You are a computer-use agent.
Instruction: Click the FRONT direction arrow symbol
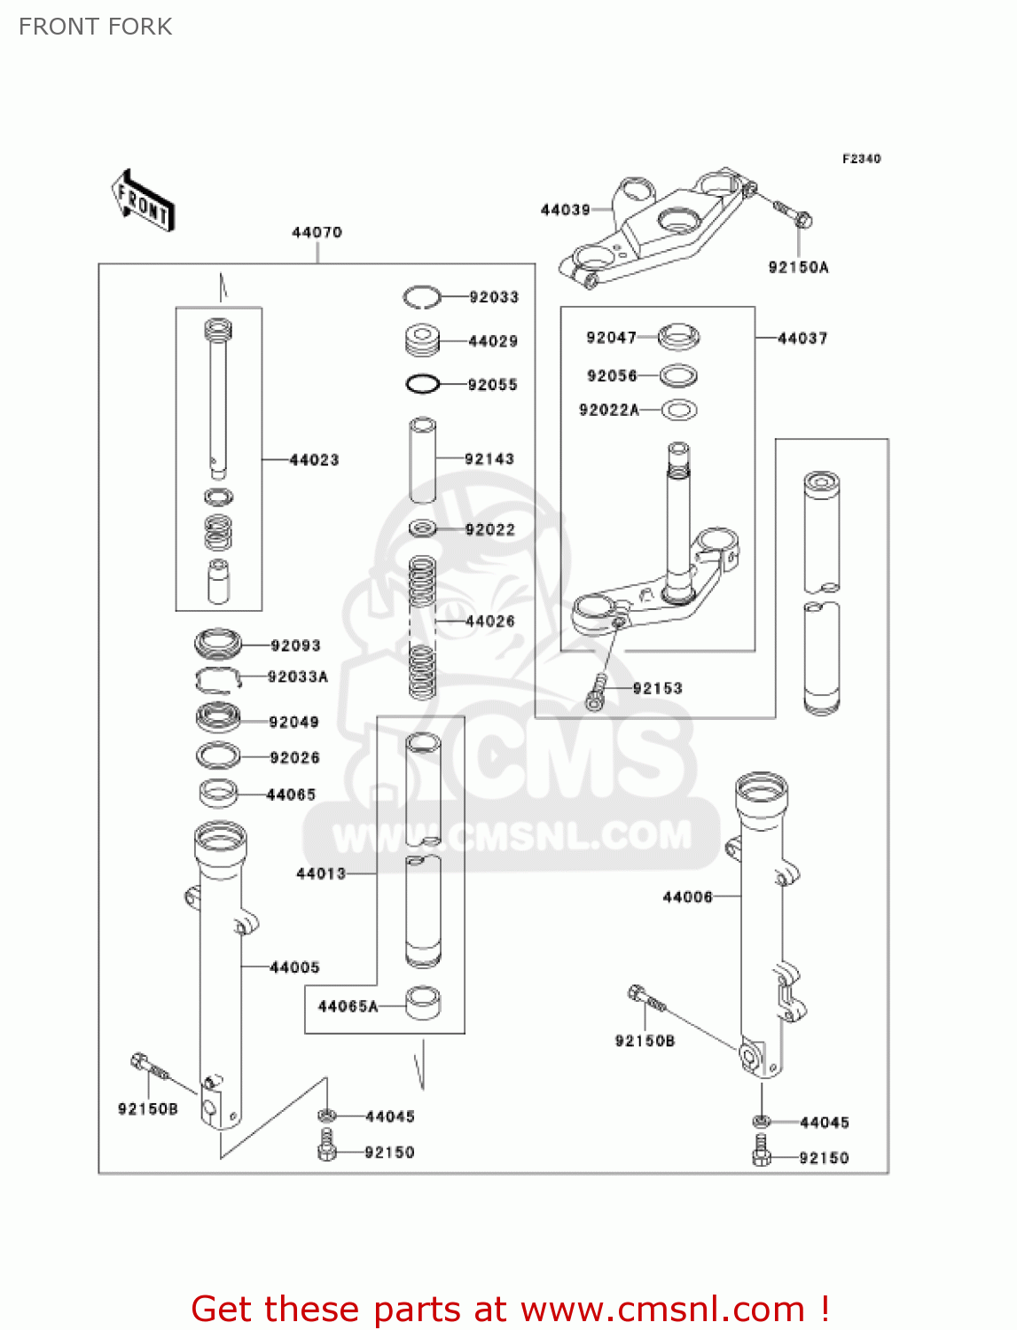(143, 201)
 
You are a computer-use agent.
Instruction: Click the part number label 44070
(317, 232)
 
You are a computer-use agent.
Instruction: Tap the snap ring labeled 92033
(421, 297)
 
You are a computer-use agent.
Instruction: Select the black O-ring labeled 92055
(423, 384)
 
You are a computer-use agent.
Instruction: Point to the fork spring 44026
(422, 625)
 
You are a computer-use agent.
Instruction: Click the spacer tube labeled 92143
(422, 459)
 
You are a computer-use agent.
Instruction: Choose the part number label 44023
(314, 459)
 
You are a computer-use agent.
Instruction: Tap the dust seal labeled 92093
(218, 644)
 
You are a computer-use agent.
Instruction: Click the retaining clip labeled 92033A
(218, 678)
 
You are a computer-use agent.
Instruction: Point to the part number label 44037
(802, 338)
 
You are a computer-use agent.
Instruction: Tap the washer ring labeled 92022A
(679, 411)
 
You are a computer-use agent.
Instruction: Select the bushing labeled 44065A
(423, 1003)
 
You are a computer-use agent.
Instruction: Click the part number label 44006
(687, 897)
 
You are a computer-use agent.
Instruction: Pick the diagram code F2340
(861, 159)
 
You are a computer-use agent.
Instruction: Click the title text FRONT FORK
(96, 27)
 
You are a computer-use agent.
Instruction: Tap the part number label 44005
(294, 967)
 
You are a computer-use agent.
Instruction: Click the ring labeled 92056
(679, 376)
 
